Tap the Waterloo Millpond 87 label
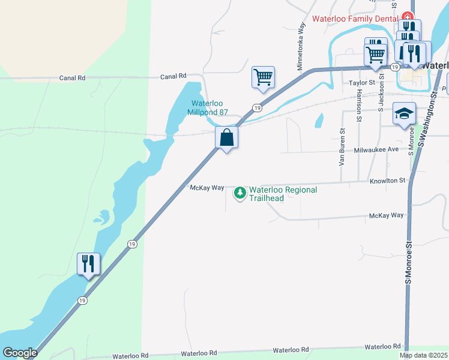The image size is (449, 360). coord(207,108)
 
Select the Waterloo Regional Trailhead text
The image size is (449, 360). coord(283,194)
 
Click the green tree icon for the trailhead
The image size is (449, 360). coord(240,193)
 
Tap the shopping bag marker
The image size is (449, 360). coord(227,137)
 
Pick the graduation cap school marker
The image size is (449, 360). coord(404,112)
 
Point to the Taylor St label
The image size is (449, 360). coord(362,82)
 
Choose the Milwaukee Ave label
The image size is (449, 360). coord(376,149)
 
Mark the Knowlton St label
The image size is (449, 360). coord(388,180)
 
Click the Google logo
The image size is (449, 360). coord(20,353)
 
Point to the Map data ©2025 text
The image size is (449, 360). coord(423,355)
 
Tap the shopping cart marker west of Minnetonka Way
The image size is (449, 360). coord(263,77)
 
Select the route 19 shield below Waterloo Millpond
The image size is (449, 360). coord(256,107)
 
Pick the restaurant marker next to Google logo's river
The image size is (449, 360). coord(88,264)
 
